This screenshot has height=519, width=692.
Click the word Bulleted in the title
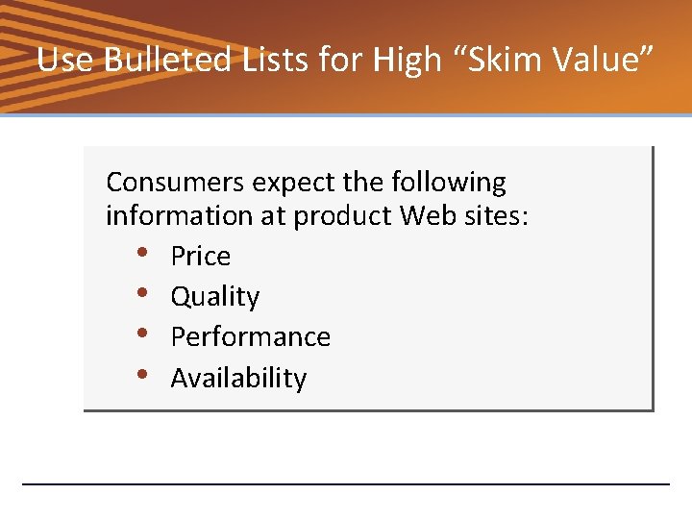168,61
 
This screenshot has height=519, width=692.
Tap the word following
448,182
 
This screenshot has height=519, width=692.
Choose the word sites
494,216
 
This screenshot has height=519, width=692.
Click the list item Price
200,257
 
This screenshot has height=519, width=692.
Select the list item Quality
214,297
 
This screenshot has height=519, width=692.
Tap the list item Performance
250,337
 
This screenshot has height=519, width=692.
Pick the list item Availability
238,379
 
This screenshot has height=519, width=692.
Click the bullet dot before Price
142,254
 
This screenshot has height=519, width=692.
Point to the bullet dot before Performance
142,334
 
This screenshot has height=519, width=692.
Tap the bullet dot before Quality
142,294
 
